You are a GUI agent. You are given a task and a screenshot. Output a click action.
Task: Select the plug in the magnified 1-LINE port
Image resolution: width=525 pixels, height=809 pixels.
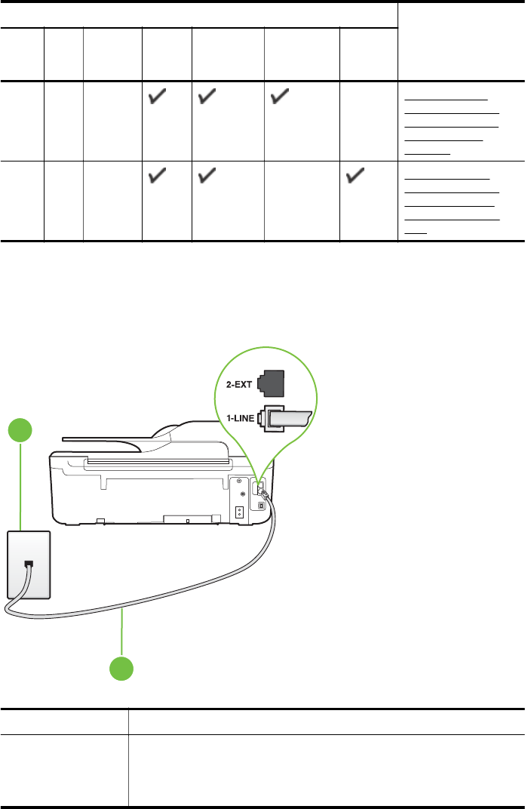[290, 419]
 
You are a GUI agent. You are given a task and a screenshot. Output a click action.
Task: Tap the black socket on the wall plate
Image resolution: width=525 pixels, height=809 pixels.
[28, 564]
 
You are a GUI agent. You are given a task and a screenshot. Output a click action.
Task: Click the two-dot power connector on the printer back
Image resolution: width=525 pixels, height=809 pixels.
[239, 512]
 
